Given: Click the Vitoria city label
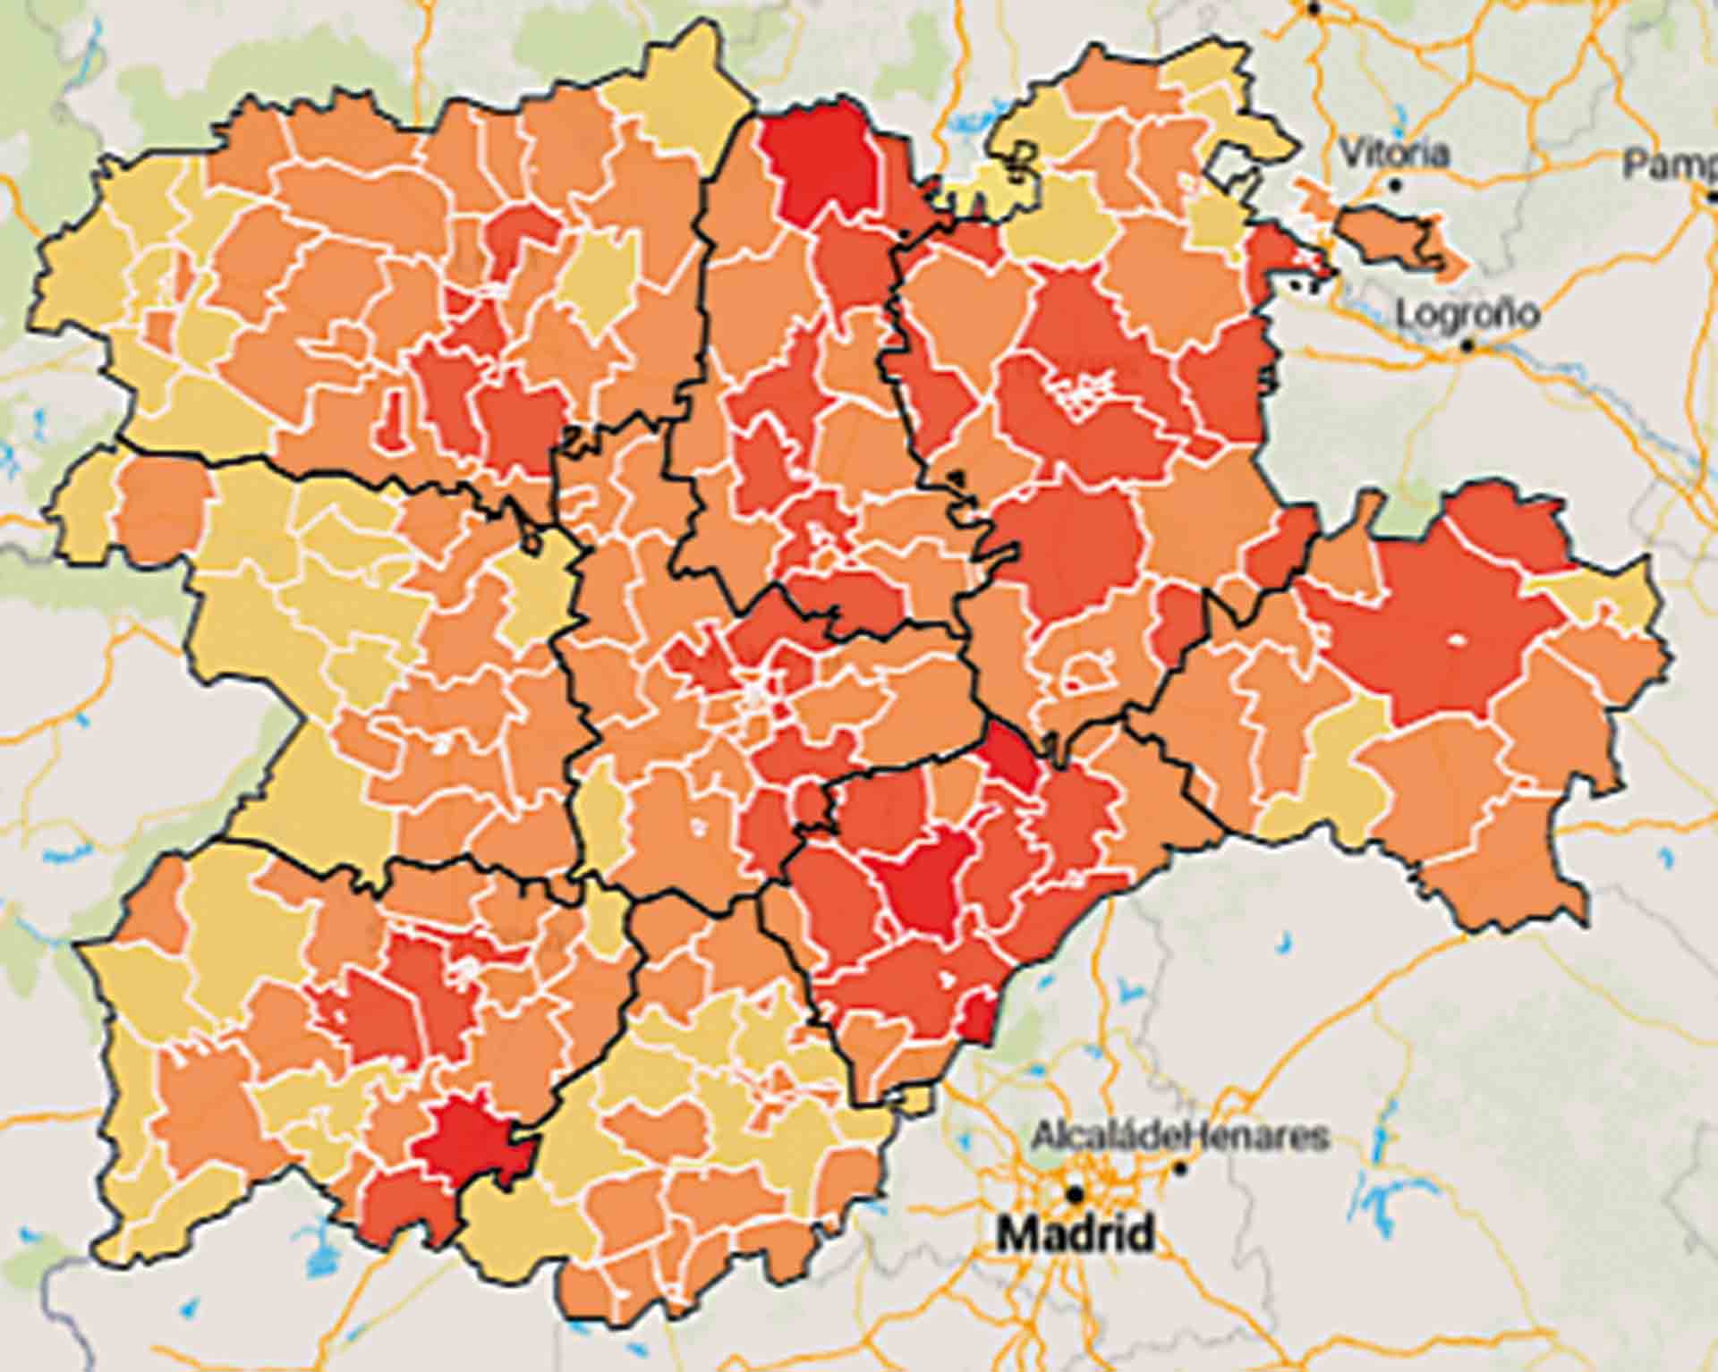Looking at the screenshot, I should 1393,153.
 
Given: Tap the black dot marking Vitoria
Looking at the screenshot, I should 1395,185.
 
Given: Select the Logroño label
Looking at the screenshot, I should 1467,314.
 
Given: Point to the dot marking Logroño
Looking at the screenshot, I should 1467,344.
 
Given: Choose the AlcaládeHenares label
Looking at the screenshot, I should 1179,1137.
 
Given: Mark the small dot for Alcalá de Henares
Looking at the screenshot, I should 1181,1168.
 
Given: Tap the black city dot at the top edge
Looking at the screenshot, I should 1314,7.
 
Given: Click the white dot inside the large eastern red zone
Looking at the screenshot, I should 1456,639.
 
